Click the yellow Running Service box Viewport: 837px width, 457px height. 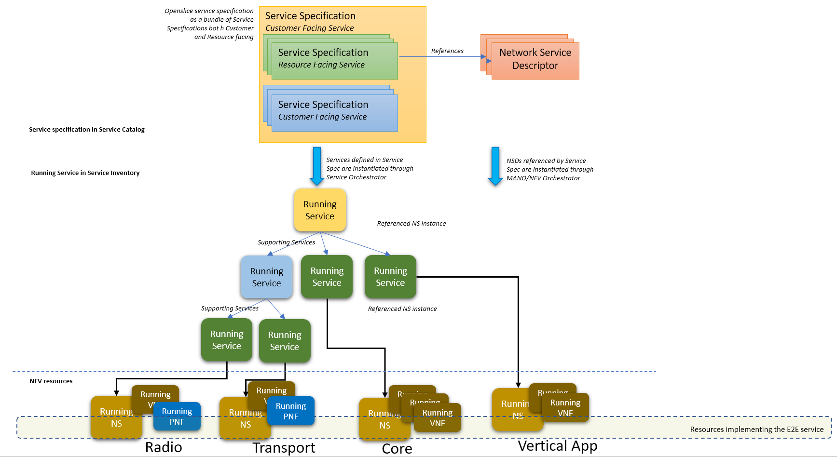320,210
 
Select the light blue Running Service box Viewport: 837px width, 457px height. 266,277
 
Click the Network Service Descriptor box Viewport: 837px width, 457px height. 535,60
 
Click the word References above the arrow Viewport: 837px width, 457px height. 447,51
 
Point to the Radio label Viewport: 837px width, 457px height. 164,447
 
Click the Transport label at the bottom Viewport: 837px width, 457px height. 284,447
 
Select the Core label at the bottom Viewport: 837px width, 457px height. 397,448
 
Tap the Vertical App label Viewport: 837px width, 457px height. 557,446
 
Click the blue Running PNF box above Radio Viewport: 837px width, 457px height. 177,417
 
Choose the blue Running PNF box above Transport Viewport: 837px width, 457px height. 291,411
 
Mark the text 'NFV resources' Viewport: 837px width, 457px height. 51,381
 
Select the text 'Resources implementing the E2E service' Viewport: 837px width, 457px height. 756,429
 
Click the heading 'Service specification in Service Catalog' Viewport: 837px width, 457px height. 87,129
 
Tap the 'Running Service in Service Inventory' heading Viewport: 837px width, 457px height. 85,173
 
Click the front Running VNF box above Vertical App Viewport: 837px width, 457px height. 565,408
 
